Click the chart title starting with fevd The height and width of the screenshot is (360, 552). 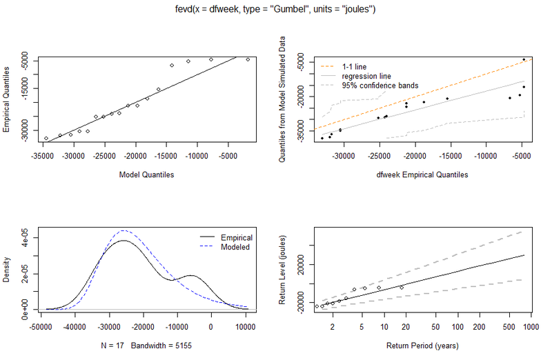(276, 9)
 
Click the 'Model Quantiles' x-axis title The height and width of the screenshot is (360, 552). (146, 174)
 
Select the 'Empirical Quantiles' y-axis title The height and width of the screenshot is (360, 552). (7, 99)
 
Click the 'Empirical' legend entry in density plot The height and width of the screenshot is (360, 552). (235, 237)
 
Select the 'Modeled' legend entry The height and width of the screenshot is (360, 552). (234, 247)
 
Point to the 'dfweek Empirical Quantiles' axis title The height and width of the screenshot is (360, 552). (422, 174)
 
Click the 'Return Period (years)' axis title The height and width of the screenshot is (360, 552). (422, 346)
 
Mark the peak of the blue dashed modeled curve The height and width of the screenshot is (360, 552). (124, 230)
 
